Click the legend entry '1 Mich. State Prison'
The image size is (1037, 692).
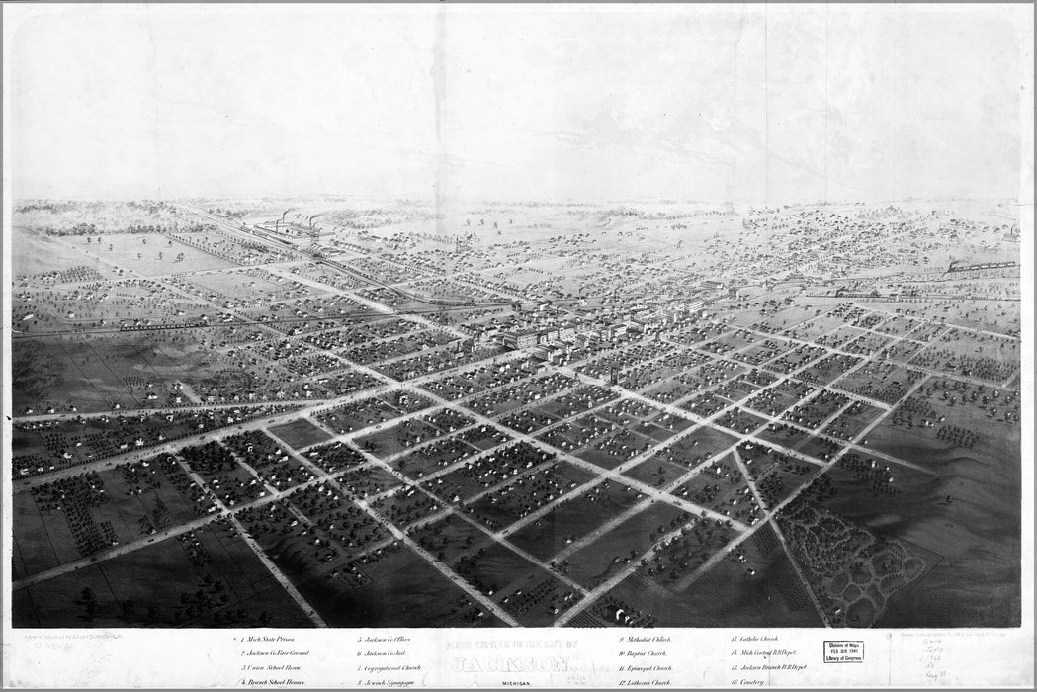(x=270, y=640)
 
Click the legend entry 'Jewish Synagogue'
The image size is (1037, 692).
(x=387, y=682)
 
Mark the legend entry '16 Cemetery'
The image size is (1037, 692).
(x=748, y=682)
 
